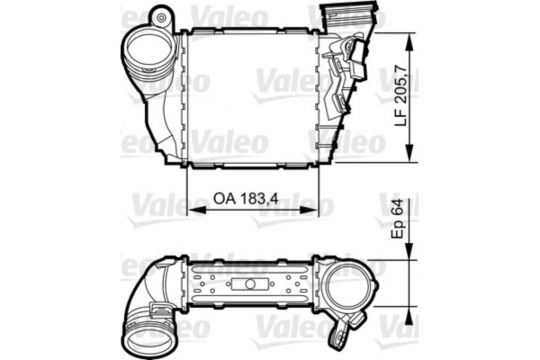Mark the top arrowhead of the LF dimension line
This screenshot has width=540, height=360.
(411, 39)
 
